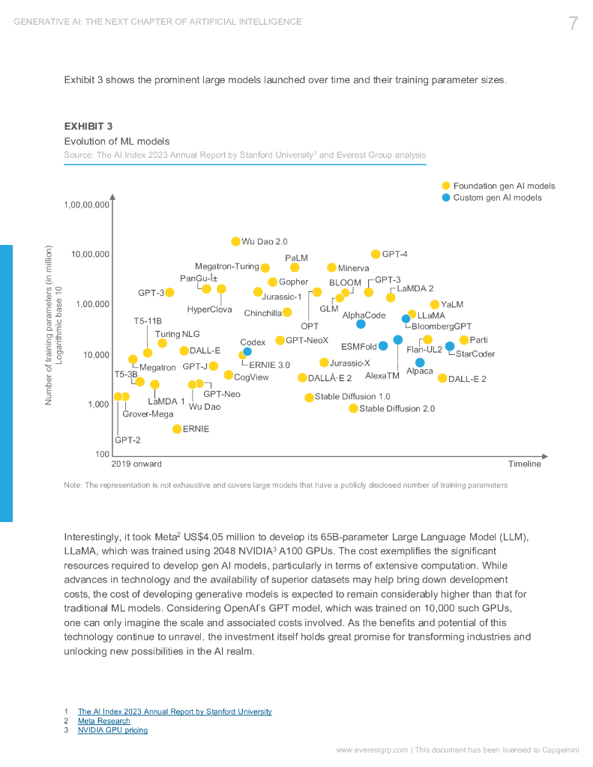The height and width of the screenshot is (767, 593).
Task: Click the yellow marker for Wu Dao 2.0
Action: click(x=235, y=241)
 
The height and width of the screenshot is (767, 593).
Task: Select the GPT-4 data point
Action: click(x=376, y=255)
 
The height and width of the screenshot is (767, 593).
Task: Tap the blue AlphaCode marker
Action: click(x=361, y=324)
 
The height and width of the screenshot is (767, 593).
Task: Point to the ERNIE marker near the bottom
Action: click(x=177, y=429)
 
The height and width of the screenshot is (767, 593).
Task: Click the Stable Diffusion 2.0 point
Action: click(x=353, y=408)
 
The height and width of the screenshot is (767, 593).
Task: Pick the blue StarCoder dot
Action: click(x=450, y=346)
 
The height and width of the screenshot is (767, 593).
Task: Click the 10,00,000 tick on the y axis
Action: click(x=90, y=255)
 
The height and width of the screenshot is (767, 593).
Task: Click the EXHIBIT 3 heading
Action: click(x=88, y=126)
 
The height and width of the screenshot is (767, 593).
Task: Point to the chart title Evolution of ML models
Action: click(x=116, y=142)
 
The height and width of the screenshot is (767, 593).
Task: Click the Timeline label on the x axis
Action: click(x=524, y=464)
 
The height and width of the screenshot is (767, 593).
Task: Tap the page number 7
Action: click(x=573, y=23)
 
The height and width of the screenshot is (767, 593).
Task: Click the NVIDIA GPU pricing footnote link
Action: click(x=112, y=730)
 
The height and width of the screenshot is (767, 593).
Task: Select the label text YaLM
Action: click(x=452, y=305)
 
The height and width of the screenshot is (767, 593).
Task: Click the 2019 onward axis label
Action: click(x=136, y=464)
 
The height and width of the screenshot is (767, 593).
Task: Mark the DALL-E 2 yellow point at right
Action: click(x=442, y=378)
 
